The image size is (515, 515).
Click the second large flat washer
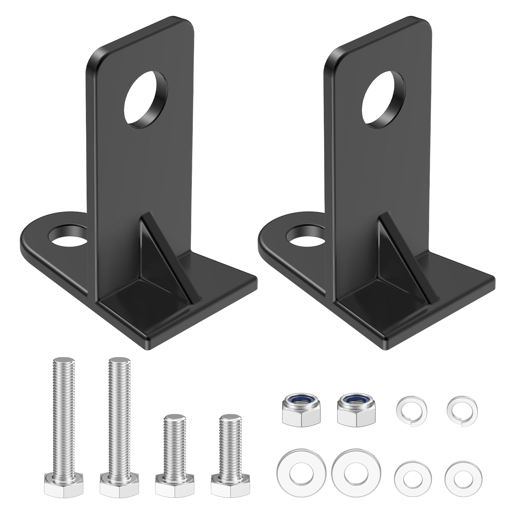[x=356, y=473]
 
